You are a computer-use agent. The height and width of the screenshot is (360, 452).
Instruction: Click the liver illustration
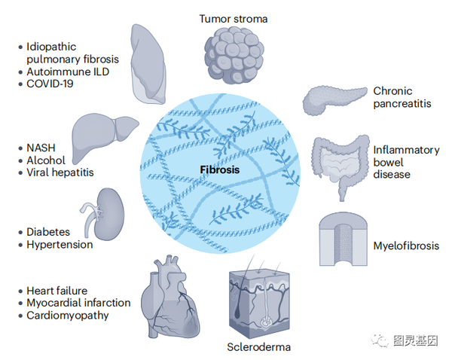pos(103,136)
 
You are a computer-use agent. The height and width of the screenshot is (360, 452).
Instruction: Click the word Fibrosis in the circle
pos(220,169)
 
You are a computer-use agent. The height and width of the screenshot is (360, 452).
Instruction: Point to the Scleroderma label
pos(258,347)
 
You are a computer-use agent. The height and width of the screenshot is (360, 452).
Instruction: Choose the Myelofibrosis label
pos(406,246)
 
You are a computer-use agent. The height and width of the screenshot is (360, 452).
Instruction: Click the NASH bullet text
pos(42,148)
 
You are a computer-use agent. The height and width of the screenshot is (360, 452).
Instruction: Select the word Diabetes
pos(48,232)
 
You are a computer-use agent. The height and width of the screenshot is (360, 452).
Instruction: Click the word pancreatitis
pos(402,104)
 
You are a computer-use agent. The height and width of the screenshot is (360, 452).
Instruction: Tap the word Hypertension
pos(60,244)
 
